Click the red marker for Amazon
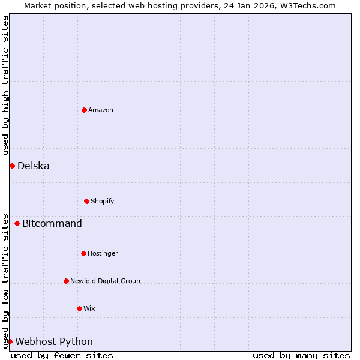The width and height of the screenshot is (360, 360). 84,110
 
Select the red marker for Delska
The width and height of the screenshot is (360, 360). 12,166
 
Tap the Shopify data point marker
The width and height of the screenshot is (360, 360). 86,201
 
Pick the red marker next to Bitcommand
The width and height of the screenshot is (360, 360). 17,224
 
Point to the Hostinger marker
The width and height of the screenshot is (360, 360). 83,253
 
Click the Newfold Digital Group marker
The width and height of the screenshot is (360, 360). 66,281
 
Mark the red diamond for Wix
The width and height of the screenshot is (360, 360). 79,308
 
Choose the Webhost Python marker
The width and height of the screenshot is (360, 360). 10,341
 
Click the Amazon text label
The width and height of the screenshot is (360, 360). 101,110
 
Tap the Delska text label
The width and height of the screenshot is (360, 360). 34,166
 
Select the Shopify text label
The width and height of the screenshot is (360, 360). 103,201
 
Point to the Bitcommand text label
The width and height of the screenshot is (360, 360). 52,224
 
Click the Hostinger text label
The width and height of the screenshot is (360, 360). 103,253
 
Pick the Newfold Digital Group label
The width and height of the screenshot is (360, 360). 105,281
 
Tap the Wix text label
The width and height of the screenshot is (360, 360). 89,308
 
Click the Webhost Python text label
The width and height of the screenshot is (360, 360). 54,341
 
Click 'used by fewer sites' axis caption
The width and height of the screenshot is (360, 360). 62,355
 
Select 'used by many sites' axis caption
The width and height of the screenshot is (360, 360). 301,355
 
